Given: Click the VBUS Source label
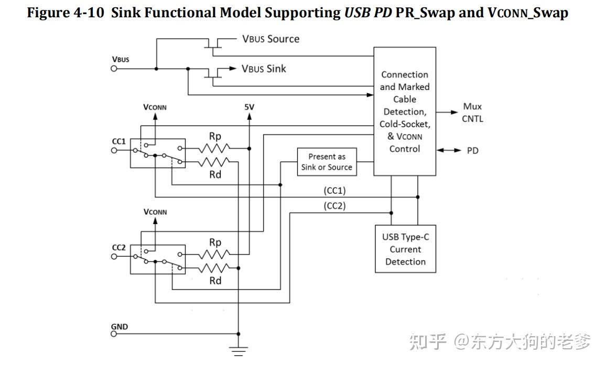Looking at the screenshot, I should (270, 39).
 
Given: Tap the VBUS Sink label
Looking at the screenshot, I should (264, 69).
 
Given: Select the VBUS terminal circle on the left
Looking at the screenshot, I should (114, 69).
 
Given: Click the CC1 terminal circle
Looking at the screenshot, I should (114, 150).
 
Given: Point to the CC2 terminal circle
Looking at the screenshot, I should (114, 256).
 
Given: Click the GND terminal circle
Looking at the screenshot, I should (114, 334).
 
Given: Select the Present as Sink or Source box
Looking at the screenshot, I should (327, 162).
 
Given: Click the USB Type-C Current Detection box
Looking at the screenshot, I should (405, 249).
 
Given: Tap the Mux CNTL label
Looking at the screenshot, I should (472, 113).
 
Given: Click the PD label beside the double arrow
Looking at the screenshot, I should (472, 151).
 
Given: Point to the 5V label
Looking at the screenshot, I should (249, 107).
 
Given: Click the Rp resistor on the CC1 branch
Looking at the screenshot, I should (214, 149).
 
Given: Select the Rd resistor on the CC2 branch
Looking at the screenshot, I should (214, 268).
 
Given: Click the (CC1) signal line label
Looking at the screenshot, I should (334, 191).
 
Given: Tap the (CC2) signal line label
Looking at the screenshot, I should (334, 206).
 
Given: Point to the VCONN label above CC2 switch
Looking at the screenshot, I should (155, 212).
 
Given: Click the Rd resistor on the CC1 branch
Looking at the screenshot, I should (214, 161).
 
